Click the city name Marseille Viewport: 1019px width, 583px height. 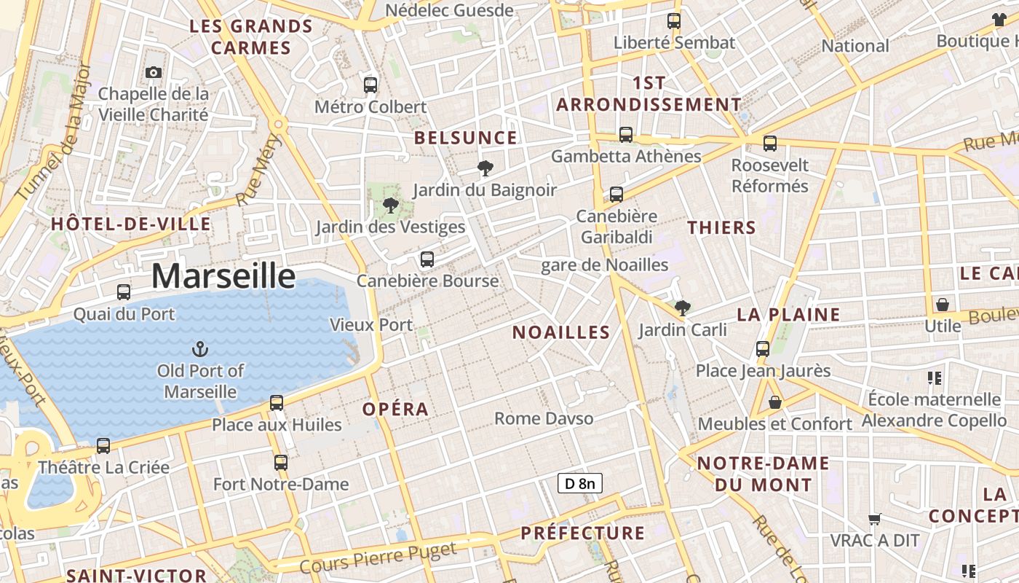(223, 276)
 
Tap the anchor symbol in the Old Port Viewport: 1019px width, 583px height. (200, 349)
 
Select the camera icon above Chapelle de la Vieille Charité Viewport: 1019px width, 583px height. (153, 72)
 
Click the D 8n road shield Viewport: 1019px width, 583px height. (580, 482)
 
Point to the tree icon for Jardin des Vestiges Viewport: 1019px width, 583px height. (391, 205)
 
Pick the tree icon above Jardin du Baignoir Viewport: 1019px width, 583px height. (484, 169)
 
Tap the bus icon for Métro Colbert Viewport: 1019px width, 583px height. (370, 85)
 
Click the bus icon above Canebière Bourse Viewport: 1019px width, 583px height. (427, 259)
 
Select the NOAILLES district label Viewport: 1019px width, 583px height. (560, 333)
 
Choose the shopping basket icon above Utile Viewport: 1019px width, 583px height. (943, 304)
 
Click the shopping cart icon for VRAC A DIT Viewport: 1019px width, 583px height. (875, 520)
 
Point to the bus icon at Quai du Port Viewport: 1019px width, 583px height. (124, 292)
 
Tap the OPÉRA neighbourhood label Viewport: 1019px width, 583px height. (395, 410)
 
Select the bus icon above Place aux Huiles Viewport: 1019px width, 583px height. (277, 402)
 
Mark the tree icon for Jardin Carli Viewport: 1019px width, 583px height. (682, 308)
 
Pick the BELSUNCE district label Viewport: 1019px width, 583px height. (466, 138)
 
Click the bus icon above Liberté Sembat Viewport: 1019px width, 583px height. (674, 21)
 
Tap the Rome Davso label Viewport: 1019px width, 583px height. (544, 418)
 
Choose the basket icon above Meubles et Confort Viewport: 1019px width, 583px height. (775, 402)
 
